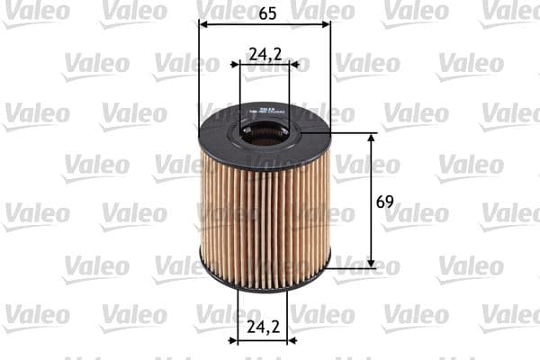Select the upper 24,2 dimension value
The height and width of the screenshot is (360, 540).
[265, 55]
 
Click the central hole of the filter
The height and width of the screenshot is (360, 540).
[265, 137]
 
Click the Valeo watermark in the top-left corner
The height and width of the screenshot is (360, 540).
[35, 12]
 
